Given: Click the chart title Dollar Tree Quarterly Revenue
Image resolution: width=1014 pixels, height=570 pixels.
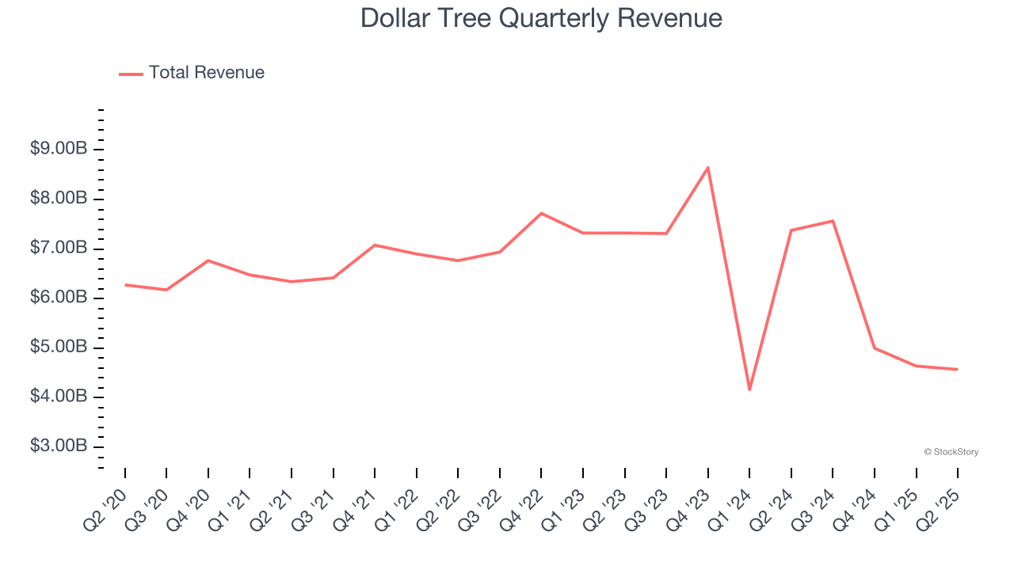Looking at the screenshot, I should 541,18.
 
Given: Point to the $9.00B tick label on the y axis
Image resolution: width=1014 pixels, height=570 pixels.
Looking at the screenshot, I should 59,149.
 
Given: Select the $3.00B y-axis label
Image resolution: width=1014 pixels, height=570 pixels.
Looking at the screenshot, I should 59,446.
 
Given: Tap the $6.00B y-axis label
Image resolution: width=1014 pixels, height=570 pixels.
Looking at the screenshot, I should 59,298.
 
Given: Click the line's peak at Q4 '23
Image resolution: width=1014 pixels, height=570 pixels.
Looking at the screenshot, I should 707,168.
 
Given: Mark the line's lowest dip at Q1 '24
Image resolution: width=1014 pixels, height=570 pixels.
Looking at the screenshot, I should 749,389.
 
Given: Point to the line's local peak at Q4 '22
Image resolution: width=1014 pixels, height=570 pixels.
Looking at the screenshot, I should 541,213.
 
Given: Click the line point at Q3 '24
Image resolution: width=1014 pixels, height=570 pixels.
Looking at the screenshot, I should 833,221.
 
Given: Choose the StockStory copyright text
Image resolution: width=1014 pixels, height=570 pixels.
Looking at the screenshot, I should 951,452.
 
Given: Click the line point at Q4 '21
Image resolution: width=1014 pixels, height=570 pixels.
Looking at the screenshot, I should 375,245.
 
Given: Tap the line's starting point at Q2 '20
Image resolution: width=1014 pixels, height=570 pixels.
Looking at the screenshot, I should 125,285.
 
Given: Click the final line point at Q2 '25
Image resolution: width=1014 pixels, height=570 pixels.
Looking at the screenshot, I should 958,369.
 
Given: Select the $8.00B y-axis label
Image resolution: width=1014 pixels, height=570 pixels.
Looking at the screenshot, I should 59,199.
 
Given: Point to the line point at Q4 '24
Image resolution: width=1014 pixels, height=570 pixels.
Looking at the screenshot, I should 875,348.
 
